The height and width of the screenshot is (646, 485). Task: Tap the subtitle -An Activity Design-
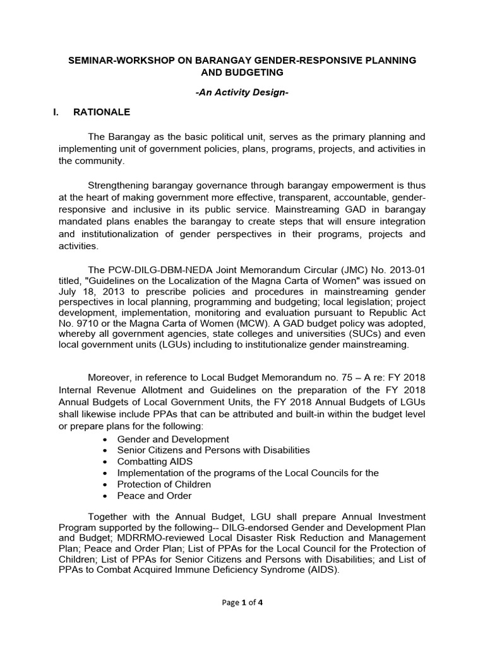click(x=242, y=92)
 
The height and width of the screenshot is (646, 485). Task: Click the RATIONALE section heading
click(x=102, y=112)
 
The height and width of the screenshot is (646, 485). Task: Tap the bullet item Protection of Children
click(x=164, y=484)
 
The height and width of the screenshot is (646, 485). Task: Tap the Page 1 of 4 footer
click(x=242, y=602)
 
